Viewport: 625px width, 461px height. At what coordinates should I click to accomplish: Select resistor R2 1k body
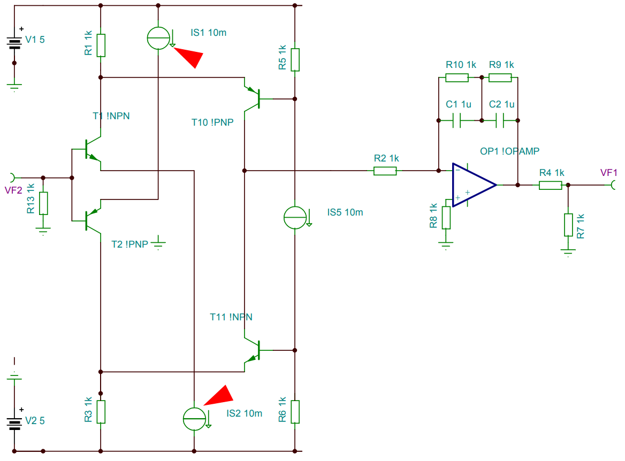(385, 171)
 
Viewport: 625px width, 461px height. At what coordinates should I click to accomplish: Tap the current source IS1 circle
(158, 37)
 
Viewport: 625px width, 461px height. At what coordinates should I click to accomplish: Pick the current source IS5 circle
(295, 217)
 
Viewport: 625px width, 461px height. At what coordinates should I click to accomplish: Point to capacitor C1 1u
(456, 121)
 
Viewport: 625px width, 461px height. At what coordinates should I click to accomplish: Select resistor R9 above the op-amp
(500, 78)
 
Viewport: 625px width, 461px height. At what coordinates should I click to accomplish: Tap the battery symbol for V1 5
(14, 42)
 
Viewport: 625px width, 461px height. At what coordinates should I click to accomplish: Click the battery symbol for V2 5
(14, 422)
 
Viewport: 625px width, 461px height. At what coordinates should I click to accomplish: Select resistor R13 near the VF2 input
(43, 203)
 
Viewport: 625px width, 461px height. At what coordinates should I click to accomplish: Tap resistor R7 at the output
(568, 225)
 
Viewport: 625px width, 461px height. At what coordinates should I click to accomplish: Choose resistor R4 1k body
(550, 185)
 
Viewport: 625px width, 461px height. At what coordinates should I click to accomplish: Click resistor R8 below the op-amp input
(445, 217)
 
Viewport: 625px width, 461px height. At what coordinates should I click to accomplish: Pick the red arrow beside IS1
(190, 56)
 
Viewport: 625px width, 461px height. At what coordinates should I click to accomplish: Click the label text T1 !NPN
(111, 116)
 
